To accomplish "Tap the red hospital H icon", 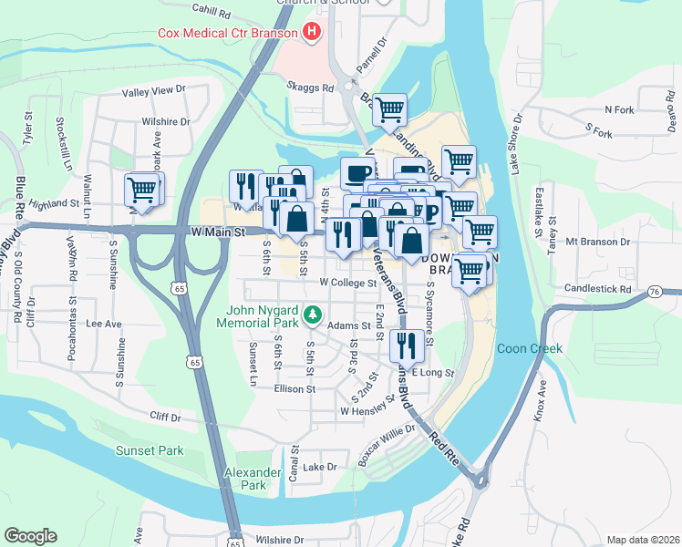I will click(x=313, y=33).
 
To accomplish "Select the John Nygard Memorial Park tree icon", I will click(x=312, y=314).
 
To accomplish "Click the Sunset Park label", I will click(x=150, y=450).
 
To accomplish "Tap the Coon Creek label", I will click(x=530, y=348).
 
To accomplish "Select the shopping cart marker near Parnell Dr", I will click(x=389, y=110).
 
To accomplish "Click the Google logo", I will click(x=30, y=536).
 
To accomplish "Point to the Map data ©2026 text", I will click(x=643, y=540).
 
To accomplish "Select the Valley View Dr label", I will click(x=154, y=91).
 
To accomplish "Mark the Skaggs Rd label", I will click(x=310, y=88).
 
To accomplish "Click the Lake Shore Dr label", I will click(x=517, y=143).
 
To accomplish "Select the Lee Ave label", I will click(x=103, y=324).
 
